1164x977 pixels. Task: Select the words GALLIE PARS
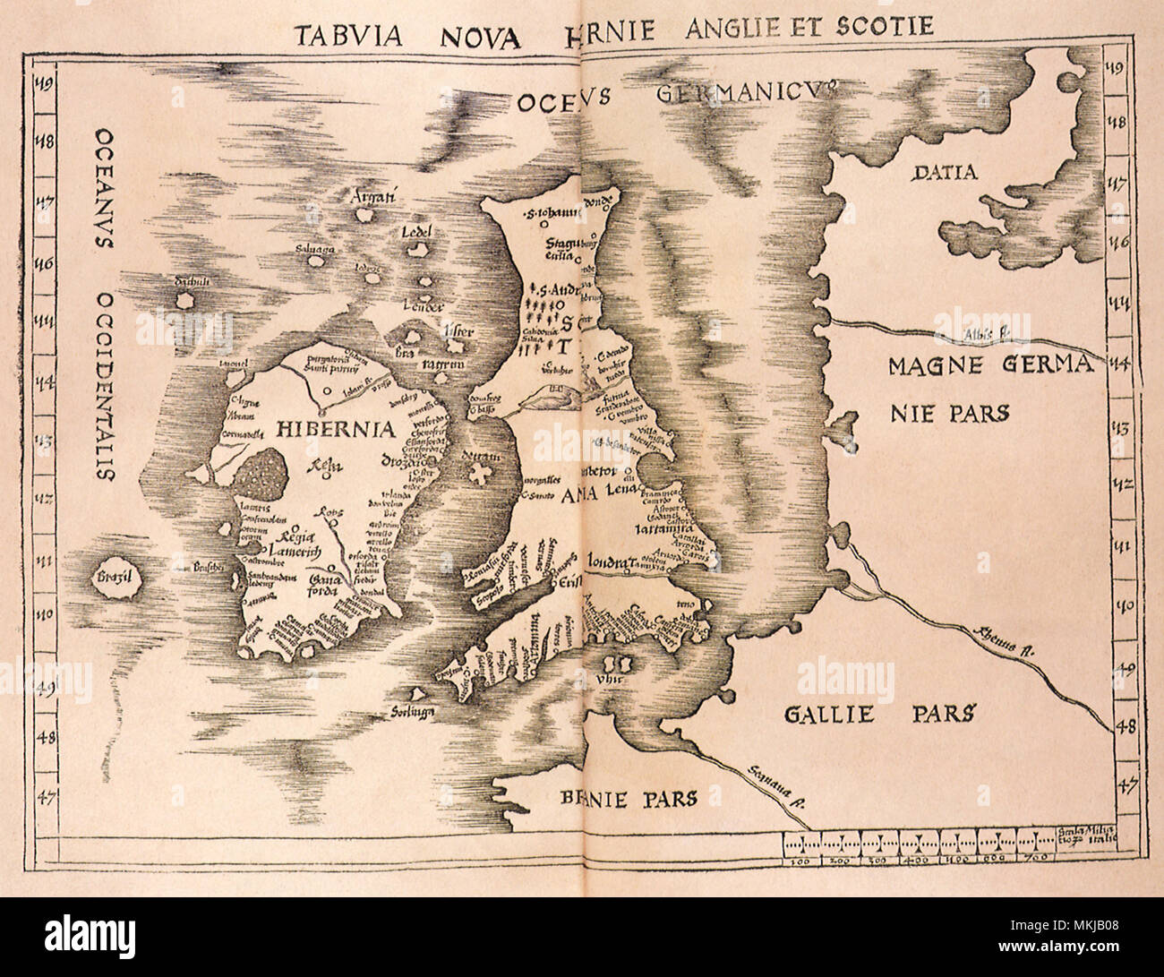click(877, 714)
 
